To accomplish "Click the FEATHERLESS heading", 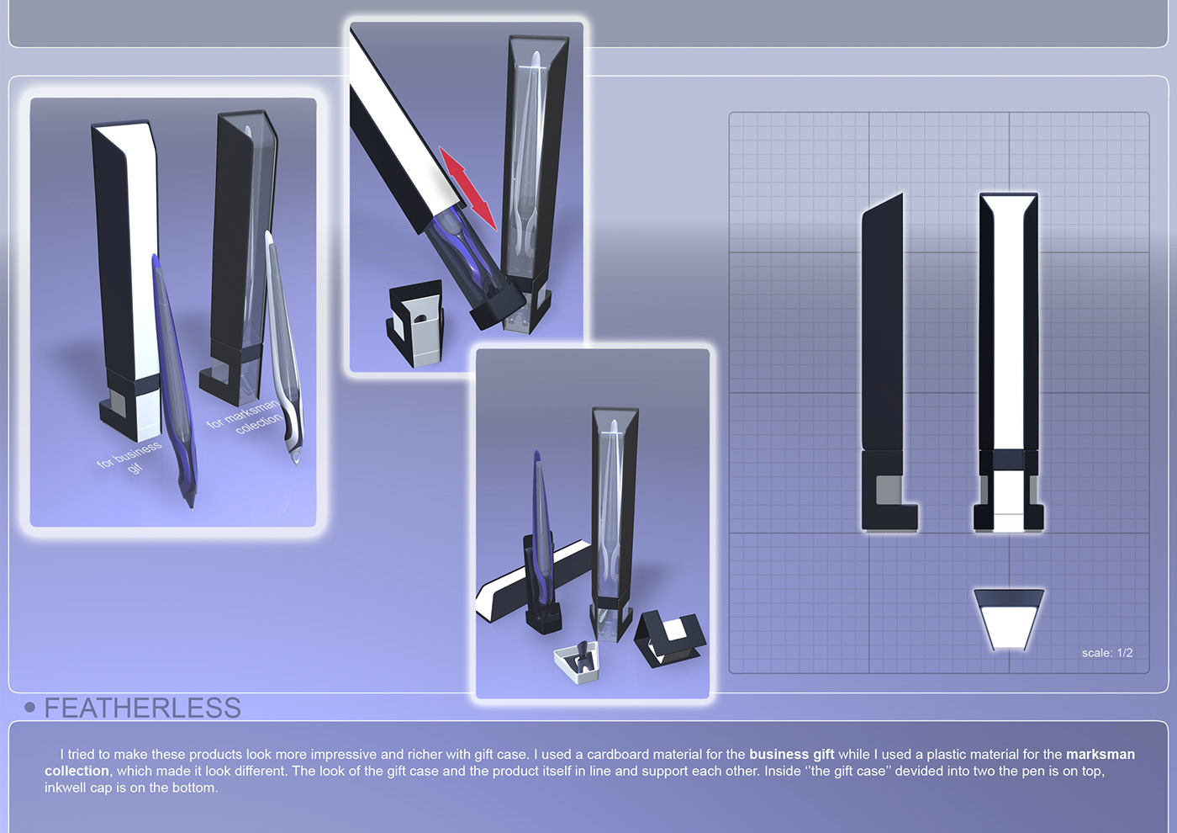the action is tap(142, 708).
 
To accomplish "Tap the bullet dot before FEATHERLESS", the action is tap(30, 708).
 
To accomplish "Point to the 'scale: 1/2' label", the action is tap(1106, 653).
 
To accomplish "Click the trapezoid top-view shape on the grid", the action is tap(1009, 618).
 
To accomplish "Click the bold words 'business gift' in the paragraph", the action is tap(791, 755).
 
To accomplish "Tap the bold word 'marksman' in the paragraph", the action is tap(1100, 755).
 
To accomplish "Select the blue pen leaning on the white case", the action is tap(174, 379).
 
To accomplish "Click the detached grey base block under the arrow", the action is tap(416, 324).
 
